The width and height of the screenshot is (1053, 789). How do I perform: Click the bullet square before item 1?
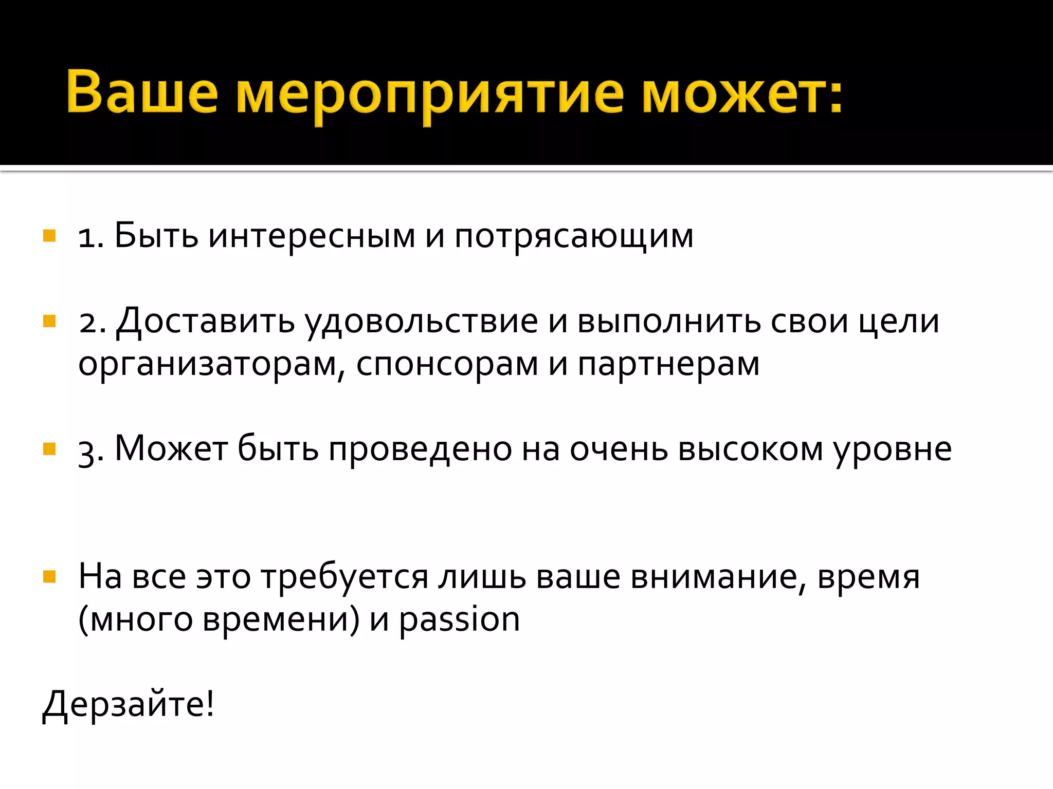[x=49, y=236]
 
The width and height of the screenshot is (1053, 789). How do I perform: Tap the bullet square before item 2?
[x=49, y=322]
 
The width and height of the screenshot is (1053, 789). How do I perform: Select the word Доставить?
[x=206, y=322]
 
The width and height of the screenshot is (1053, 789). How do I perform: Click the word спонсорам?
[x=447, y=365]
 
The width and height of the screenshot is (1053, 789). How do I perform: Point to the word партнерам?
[x=668, y=365]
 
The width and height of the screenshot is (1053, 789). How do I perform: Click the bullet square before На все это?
[x=49, y=577]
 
